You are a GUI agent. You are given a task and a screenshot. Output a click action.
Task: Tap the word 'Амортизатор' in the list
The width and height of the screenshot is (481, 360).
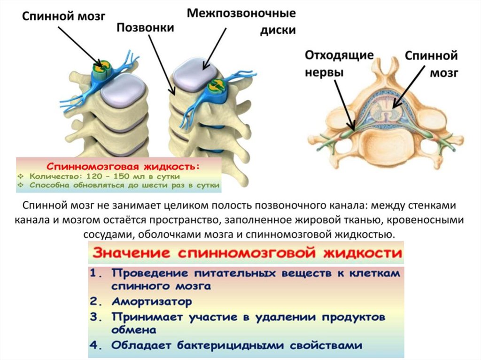tap(152, 301)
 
